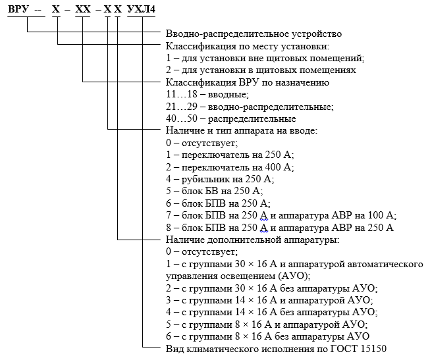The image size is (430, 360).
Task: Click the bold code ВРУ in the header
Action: click(18, 9)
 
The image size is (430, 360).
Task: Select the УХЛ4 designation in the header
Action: click(142, 9)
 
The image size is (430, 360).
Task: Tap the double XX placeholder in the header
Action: click(83, 9)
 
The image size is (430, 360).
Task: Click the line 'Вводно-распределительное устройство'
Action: click(254, 34)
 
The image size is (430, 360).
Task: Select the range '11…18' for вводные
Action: click(182, 94)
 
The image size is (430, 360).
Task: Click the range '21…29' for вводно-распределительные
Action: click(182, 106)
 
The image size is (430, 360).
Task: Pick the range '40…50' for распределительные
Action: click(182, 118)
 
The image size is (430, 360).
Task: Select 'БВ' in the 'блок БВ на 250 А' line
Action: click(213, 191)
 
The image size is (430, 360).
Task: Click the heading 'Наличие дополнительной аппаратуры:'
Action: click(253, 240)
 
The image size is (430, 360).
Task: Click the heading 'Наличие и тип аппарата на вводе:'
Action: click(242, 130)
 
